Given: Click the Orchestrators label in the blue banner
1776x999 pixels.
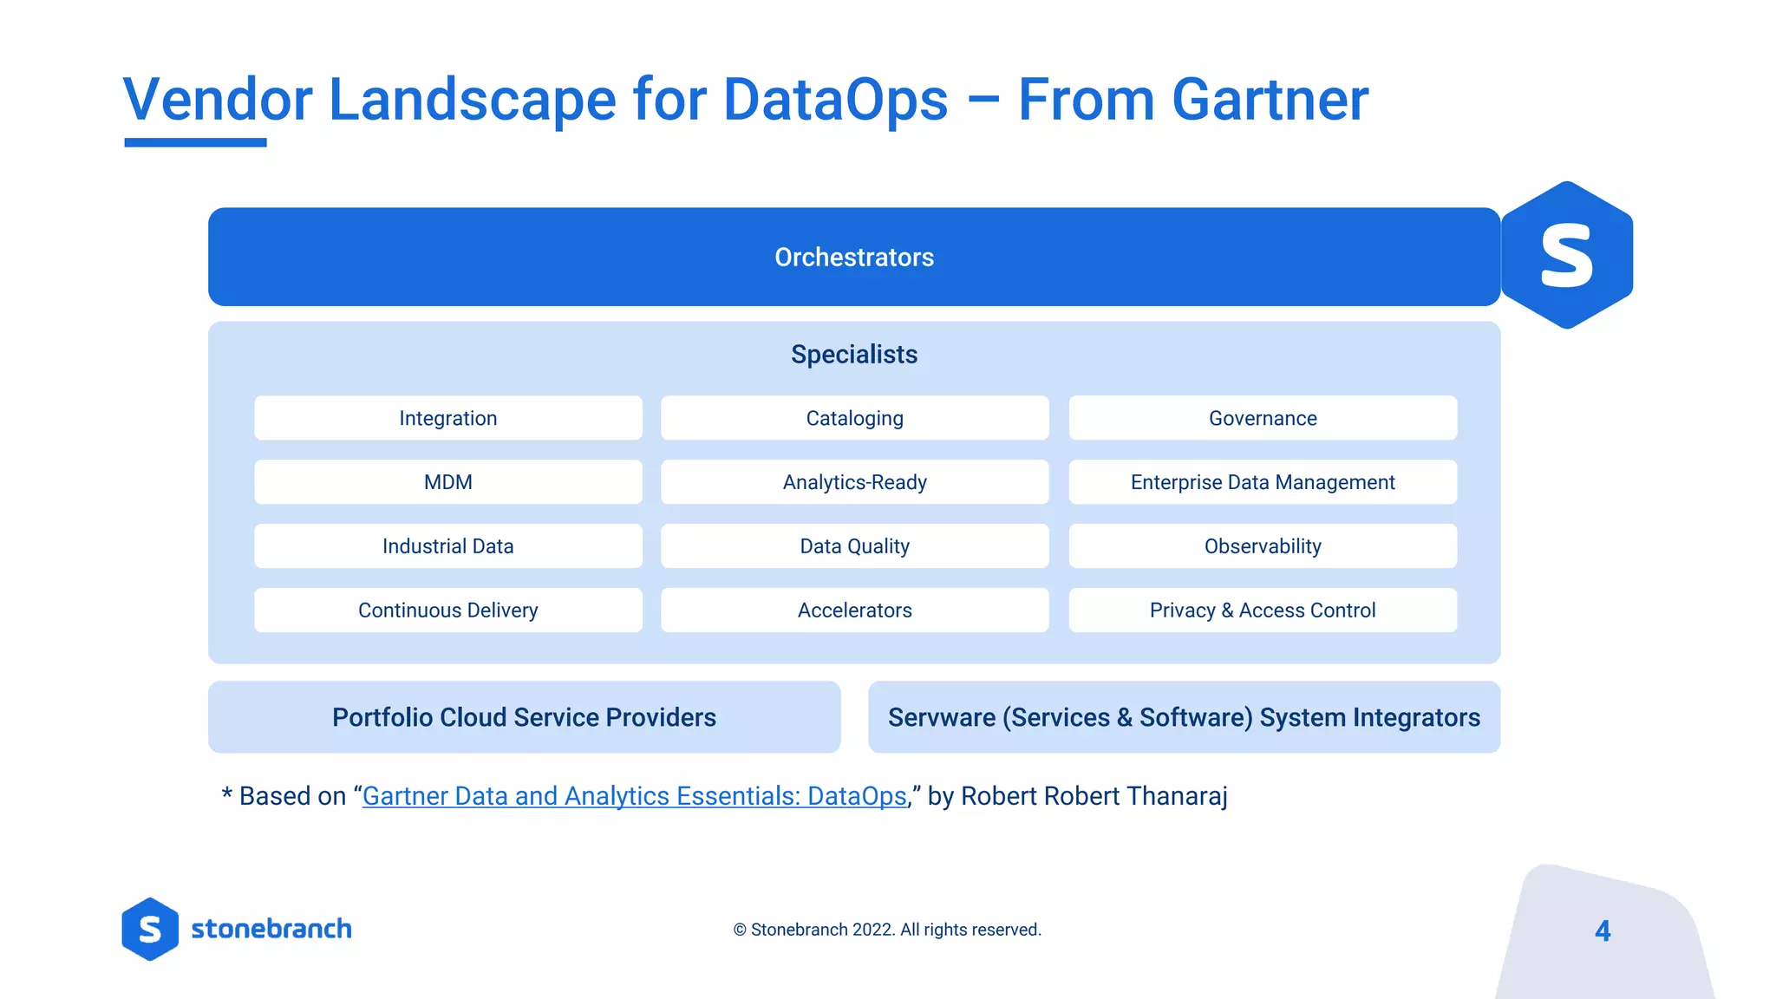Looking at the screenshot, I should tap(854, 258).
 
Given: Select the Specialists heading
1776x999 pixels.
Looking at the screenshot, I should tap(854, 355).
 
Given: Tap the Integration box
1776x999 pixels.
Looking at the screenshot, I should tap(448, 418).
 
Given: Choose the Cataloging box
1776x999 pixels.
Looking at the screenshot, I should tap(854, 418).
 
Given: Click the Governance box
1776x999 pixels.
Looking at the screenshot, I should tap(1263, 418).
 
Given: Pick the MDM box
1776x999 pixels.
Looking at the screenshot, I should tap(448, 482).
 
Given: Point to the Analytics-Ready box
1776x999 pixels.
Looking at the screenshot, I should tap(854, 482).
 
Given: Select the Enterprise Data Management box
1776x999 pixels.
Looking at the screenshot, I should tap(1263, 482).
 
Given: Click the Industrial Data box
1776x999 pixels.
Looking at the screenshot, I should tap(448, 546).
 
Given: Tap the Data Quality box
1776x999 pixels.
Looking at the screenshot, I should tap(854, 546).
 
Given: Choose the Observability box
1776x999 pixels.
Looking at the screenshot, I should tap(1263, 546).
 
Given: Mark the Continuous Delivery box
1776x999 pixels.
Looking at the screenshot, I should tap(448, 610).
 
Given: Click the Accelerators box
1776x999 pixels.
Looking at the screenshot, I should tap(854, 610).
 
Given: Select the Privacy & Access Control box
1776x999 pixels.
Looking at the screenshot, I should tap(1263, 610).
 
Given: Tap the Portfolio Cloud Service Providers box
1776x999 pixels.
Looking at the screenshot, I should tap(524, 717).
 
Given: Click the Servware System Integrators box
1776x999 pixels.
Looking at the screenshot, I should tap(1184, 717).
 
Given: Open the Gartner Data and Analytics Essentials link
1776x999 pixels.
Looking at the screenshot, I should tap(634, 796).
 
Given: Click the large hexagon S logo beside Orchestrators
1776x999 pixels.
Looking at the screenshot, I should tap(1566, 255).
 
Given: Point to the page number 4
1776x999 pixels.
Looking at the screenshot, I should tap(1603, 930).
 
